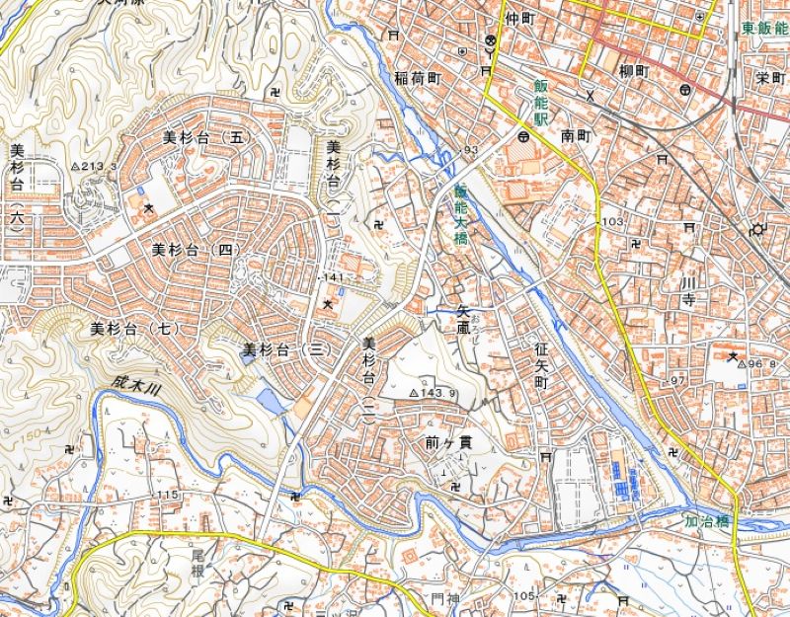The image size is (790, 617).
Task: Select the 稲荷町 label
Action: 416,77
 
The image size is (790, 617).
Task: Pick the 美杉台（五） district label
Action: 203,137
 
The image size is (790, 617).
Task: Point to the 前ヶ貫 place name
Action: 443,442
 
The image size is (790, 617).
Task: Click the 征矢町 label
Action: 541,364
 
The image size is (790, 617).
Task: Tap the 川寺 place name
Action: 688,293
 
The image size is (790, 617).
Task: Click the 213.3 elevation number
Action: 99,166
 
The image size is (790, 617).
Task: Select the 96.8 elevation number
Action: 761,364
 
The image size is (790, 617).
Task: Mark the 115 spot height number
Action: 166,494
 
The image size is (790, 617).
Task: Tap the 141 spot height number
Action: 333,278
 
